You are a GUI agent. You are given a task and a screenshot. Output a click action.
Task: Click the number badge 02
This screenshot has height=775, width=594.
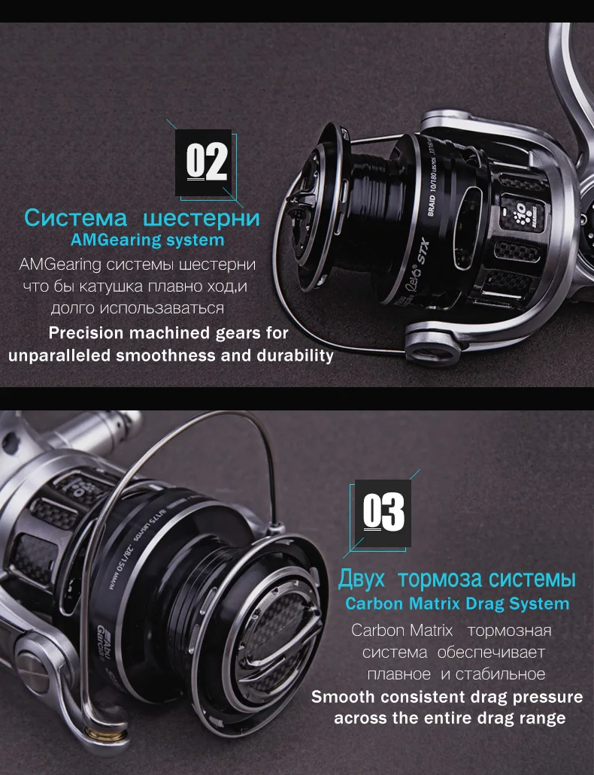click(204, 162)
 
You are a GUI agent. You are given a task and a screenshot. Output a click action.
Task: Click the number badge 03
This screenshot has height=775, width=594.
click(383, 513)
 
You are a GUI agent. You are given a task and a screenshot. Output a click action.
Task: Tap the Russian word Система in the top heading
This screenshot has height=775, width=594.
click(76, 217)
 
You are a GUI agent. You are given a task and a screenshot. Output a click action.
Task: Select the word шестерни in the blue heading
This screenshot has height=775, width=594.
click(202, 218)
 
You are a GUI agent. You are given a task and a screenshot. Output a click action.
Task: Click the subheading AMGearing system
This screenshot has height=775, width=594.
click(147, 241)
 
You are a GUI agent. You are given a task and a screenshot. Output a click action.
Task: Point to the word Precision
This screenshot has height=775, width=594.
click(86, 333)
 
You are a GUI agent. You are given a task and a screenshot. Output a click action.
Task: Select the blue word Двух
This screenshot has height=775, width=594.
click(362, 578)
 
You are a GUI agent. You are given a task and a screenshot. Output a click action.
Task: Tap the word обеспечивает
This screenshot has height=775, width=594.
click(491, 652)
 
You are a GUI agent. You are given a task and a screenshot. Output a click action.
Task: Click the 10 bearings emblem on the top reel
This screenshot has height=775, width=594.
click(523, 213)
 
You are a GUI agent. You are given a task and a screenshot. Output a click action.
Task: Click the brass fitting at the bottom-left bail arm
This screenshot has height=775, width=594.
click(105, 735)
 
